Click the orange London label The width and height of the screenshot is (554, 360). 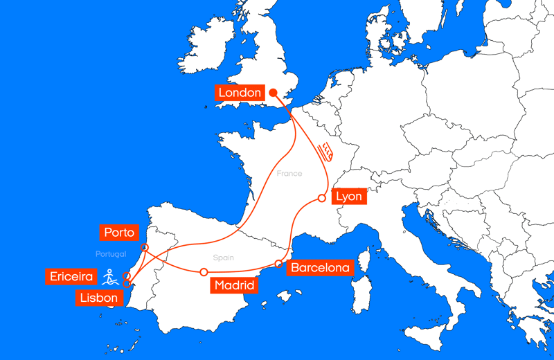coord(240,93)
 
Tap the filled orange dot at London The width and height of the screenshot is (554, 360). coord(273,93)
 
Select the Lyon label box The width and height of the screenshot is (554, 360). coord(348,197)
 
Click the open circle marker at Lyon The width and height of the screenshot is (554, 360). coord(322,198)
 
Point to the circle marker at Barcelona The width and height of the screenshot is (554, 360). coord(279,264)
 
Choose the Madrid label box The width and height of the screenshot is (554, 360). coord(233,285)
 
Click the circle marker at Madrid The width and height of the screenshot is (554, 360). coord(204,272)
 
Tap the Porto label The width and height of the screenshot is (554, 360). coord(118,232)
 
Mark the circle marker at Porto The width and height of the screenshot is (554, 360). coord(145,247)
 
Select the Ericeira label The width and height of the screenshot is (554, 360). coord(71,276)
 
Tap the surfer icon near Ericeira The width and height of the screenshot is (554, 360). coord(109,278)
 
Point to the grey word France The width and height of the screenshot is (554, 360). coord(289,174)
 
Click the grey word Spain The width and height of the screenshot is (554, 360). coord(223,258)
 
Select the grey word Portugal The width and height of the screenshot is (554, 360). coord(111,254)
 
